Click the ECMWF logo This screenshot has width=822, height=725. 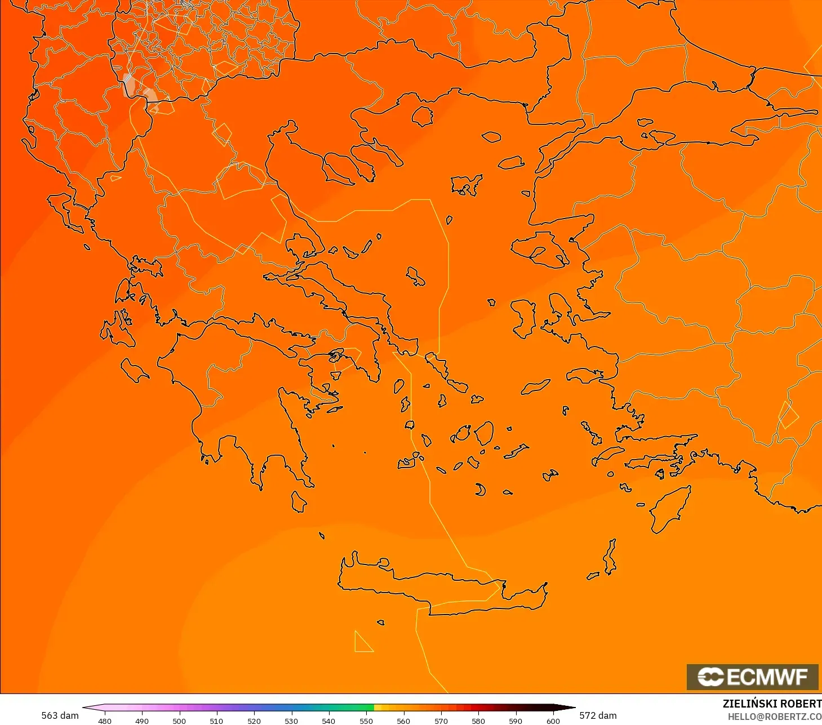tap(752, 677)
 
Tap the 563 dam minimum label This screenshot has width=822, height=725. tap(60, 715)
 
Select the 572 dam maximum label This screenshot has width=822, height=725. tap(598, 715)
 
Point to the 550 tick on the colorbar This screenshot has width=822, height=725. tap(366, 720)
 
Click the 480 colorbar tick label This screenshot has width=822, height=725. tap(105, 720)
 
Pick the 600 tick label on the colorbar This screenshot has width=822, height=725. tap(553, 720)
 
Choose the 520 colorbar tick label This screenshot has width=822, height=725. tap(254, 720)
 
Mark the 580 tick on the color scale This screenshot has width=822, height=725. tap(478, 720)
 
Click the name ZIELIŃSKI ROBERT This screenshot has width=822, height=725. tap(772, 704)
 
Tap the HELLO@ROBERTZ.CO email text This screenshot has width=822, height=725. tap(774, 717)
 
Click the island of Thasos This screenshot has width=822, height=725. tap(422, 117)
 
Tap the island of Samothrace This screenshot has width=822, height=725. tap(491, 136)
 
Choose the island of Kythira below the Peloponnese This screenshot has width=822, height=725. tap(299, 501)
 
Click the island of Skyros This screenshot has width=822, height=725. tap(416, 276)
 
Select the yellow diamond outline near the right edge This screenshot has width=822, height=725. tap(788, 416)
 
